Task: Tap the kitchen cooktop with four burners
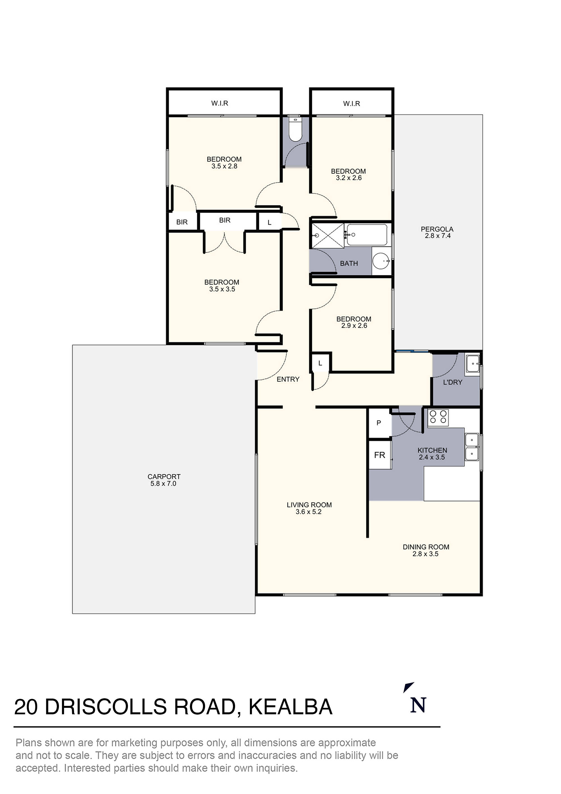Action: point(438,417)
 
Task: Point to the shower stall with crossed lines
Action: point(328,235)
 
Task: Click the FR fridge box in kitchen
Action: point(380,455)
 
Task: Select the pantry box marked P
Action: point(379,423)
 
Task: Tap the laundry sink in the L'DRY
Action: point(472,363)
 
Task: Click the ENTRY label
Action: point(288,379)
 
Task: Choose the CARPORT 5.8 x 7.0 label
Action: point(164,480)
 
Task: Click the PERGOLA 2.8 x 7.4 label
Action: point(437,232)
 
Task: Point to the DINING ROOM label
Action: point(426,547)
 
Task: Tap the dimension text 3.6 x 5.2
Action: point(308,512)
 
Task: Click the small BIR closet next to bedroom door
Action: point(182,222)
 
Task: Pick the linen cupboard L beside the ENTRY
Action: point(320,363)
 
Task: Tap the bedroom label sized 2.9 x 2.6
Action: point(354,322)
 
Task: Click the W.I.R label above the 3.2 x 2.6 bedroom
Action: point(351,103)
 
